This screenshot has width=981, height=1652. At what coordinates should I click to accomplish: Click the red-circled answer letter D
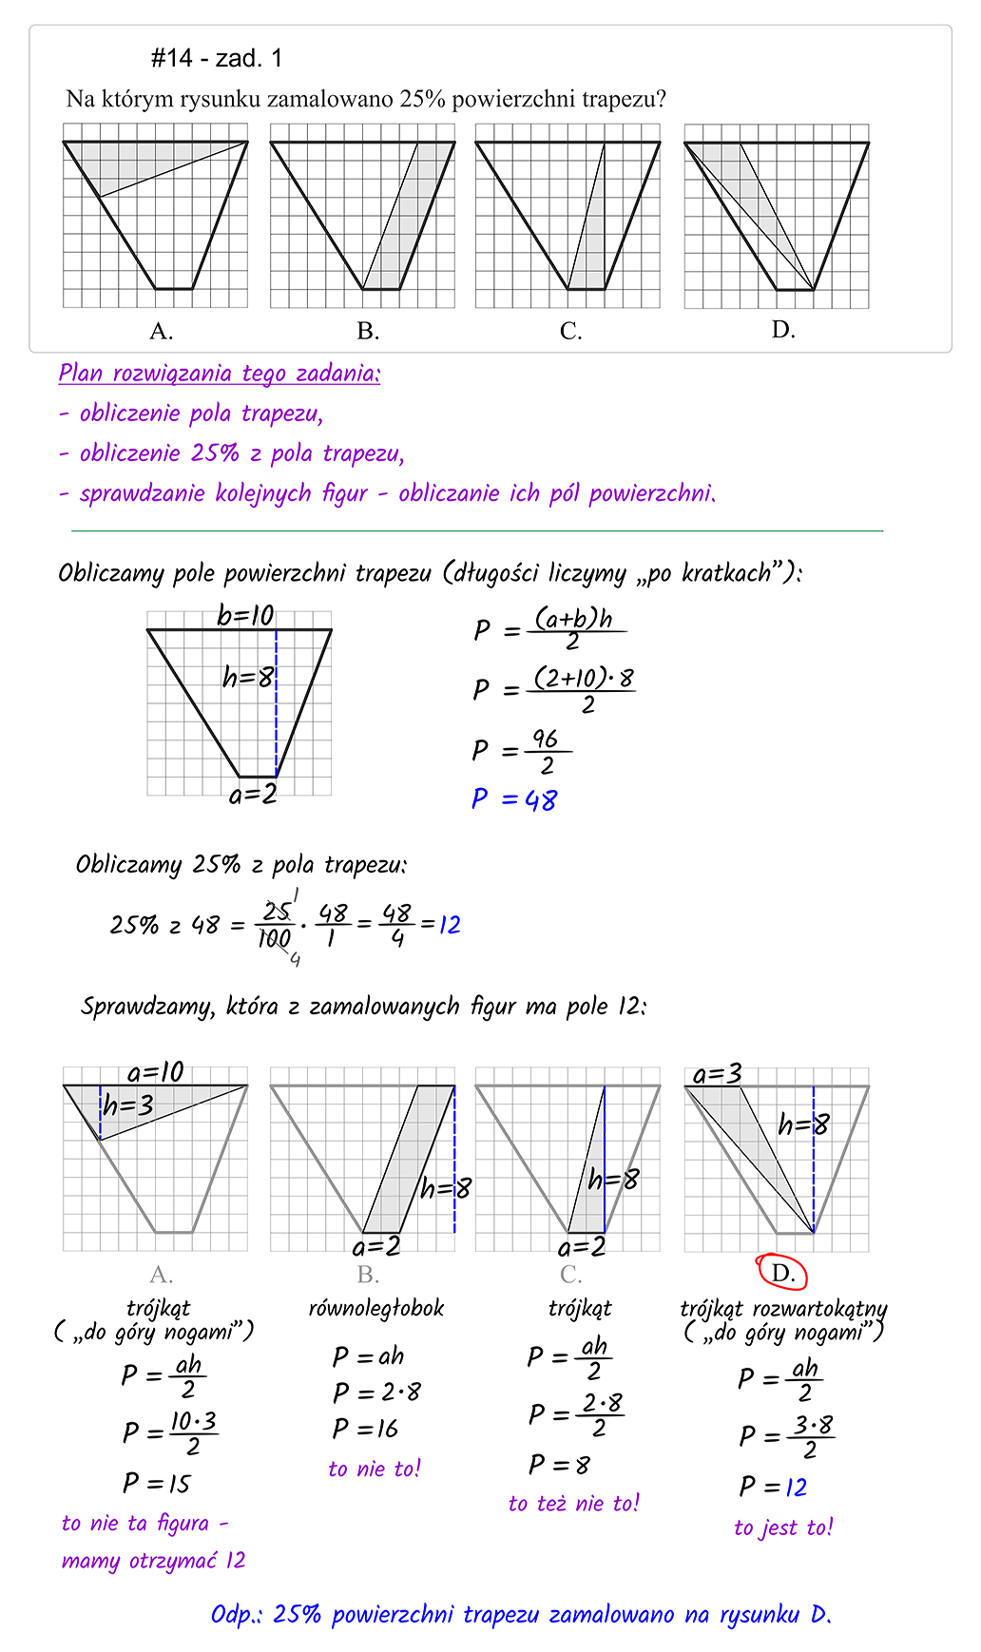[781, 1272]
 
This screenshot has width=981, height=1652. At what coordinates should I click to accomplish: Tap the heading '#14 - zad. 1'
[217, 59]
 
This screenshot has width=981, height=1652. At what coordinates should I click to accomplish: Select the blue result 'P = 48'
[514, 799]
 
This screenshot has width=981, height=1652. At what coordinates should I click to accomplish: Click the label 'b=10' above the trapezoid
[245, 616]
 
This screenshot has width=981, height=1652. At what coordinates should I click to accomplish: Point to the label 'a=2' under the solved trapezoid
[253, 795]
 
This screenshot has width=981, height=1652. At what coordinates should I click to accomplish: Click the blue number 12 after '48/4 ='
[450, 924]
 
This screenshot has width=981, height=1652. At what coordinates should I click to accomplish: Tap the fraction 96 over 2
[546, 752]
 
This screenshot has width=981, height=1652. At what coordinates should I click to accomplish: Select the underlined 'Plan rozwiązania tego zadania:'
[220, 374]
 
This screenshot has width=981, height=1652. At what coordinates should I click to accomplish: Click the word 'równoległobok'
[376, 1309]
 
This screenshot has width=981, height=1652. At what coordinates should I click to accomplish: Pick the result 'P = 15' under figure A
[157, 1483]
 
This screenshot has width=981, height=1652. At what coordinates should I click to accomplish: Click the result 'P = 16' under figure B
[366, 1429]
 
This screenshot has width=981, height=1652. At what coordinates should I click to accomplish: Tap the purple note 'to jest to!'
[783, 1527]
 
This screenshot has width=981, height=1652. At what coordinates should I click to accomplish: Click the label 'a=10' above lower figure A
[156, 1072]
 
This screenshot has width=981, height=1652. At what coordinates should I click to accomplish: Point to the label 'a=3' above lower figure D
[717, 1074]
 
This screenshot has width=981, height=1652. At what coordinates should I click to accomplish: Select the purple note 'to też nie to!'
[574, 1503]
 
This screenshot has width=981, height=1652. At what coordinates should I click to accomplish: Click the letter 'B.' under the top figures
[368, 331]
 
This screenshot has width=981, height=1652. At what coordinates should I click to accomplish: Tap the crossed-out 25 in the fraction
[277, 911]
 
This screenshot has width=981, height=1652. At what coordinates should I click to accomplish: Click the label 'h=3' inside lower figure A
[128, 1105]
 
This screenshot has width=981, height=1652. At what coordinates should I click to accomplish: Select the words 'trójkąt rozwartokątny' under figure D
[783, 1309]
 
